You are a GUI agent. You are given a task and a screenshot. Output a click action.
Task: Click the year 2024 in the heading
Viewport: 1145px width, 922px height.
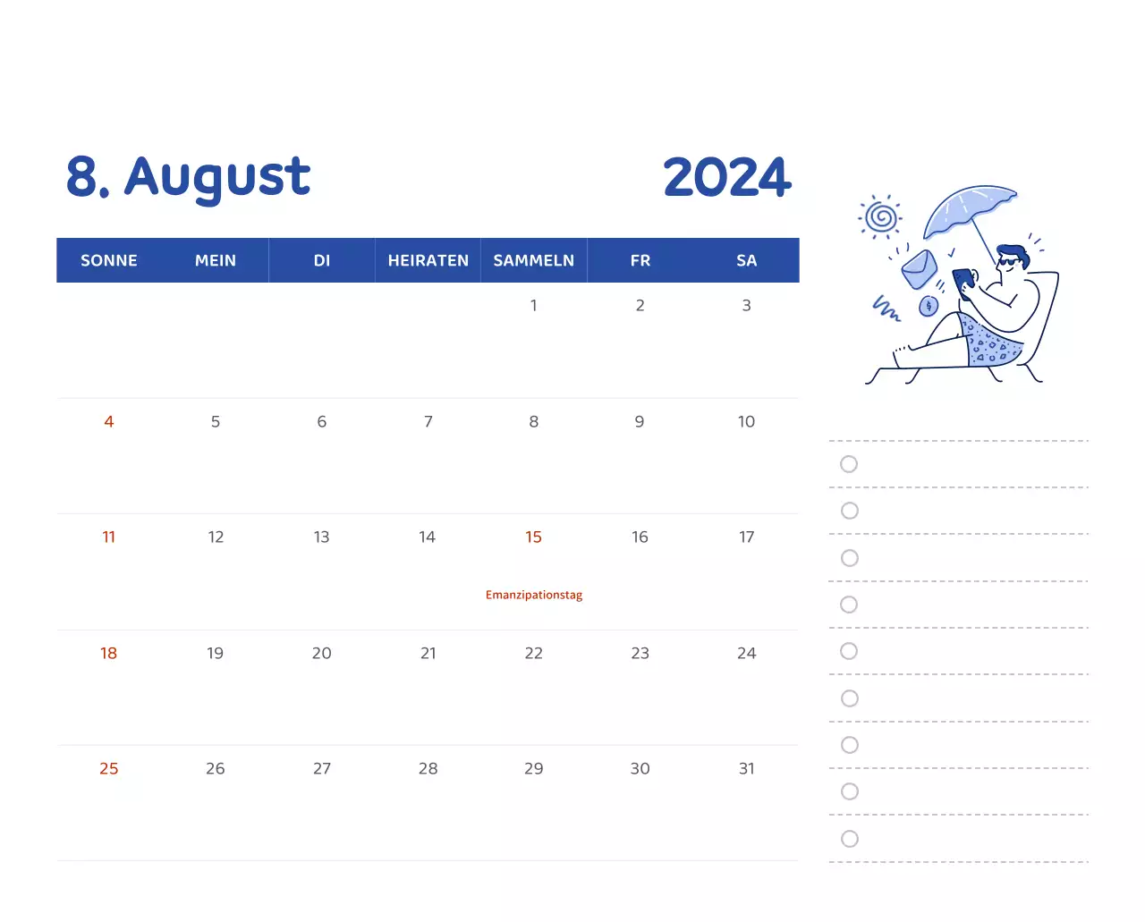coord(726,177)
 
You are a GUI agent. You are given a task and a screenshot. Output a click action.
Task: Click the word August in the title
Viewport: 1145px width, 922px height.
coord(217,177)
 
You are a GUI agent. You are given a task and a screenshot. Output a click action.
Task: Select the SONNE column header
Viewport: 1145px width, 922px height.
coord(109,260)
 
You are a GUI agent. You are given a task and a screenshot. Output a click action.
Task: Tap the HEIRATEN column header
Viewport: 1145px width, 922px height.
coord(428,260)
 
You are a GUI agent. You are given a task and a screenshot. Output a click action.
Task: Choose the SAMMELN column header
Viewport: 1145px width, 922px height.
coord(533,260)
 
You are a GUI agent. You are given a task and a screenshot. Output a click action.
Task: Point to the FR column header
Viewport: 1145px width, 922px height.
coord(640,260)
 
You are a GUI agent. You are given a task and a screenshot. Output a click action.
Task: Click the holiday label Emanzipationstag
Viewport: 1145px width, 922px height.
coord(533,595)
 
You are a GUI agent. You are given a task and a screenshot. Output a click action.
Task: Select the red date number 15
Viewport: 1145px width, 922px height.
coord(533,537)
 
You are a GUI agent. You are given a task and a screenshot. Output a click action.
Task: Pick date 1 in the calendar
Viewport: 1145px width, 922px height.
coord(534,305)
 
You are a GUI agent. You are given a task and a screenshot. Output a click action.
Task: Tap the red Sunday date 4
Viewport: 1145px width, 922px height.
coord(109,421)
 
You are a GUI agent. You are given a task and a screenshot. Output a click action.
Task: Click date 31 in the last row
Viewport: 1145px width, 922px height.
coord(746,768)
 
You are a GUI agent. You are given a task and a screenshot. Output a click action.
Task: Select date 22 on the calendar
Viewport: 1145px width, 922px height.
coord(533,653)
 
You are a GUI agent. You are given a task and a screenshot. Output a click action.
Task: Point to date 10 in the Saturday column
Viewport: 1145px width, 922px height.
coord(746,421)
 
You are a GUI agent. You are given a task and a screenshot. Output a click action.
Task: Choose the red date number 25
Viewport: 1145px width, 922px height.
coord(109,768)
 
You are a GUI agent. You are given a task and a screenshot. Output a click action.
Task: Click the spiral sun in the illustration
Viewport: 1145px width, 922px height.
coord(882,216)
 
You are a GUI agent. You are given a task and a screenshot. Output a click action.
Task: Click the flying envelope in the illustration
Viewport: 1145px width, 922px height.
coord(919,268)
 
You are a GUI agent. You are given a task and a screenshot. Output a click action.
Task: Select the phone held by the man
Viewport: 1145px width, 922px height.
coord(963,281)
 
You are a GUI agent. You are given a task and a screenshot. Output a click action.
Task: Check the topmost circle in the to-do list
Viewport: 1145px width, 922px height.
coord(849,464)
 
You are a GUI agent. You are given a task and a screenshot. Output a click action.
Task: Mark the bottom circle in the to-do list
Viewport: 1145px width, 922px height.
coord(850,839)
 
